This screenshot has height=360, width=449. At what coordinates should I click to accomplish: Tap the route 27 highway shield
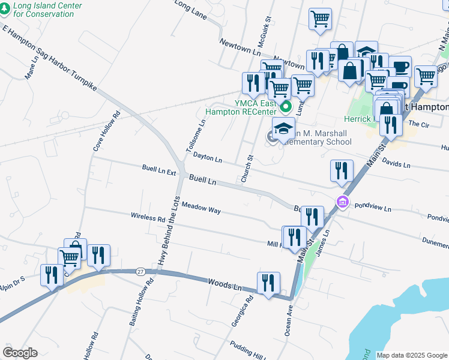pyautogui.click(x=140, y=271)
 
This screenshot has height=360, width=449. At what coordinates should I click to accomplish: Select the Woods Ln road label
pyautogui.click(x=224, y=284)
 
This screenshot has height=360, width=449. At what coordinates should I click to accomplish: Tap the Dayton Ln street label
pyautogui.click(x=208, y=158)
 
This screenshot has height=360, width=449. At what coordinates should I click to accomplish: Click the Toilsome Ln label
pyautogui.click(x=198, y=136)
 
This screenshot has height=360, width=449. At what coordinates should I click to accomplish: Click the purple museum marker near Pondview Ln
pyautogui.click(x=343, y=202)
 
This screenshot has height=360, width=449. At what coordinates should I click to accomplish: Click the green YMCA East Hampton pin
pyautogui.click(x=286, y=107)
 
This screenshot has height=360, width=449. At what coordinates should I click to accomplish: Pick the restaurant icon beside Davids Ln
pyautogui.click(x=341, y=170)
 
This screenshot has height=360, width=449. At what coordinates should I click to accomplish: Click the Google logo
pyautogui.click(x=20, y=353)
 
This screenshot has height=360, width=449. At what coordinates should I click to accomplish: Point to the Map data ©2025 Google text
pyautogui.click(x=412, y=355)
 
